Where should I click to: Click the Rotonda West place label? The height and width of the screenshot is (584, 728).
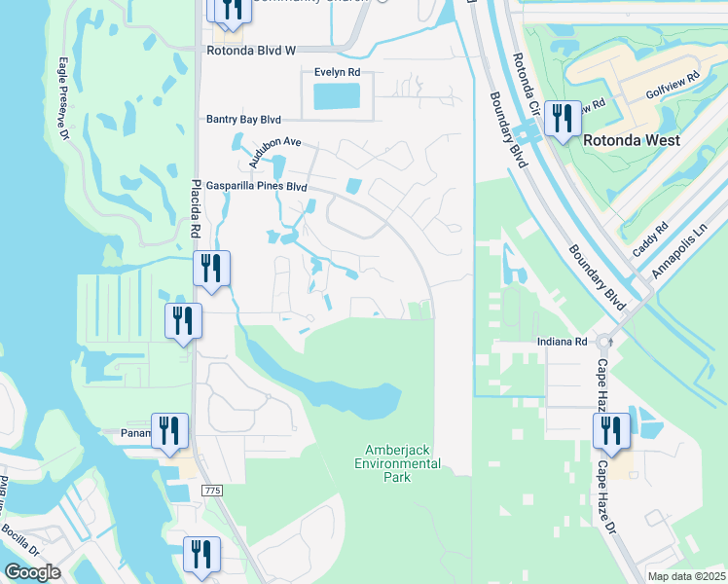(632, 140)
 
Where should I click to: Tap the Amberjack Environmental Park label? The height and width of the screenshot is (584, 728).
(403, 463)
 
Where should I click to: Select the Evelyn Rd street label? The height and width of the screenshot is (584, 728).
(337, 72)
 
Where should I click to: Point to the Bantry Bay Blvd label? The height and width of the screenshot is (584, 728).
(242, 120)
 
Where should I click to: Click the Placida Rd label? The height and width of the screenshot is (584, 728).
(195, 208)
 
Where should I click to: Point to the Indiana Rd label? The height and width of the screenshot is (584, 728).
(564, 343)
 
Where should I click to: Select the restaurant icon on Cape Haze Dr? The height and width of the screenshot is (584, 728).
(611, 431)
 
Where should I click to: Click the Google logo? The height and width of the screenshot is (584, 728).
(32, 572)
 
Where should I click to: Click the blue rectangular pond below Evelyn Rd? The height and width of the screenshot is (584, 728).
(337, 95)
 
